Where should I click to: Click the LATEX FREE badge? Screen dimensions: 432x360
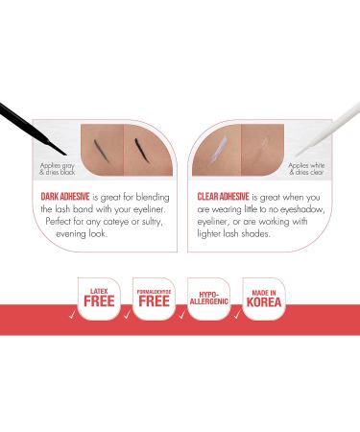100,298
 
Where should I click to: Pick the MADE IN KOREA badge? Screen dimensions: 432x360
261,298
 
